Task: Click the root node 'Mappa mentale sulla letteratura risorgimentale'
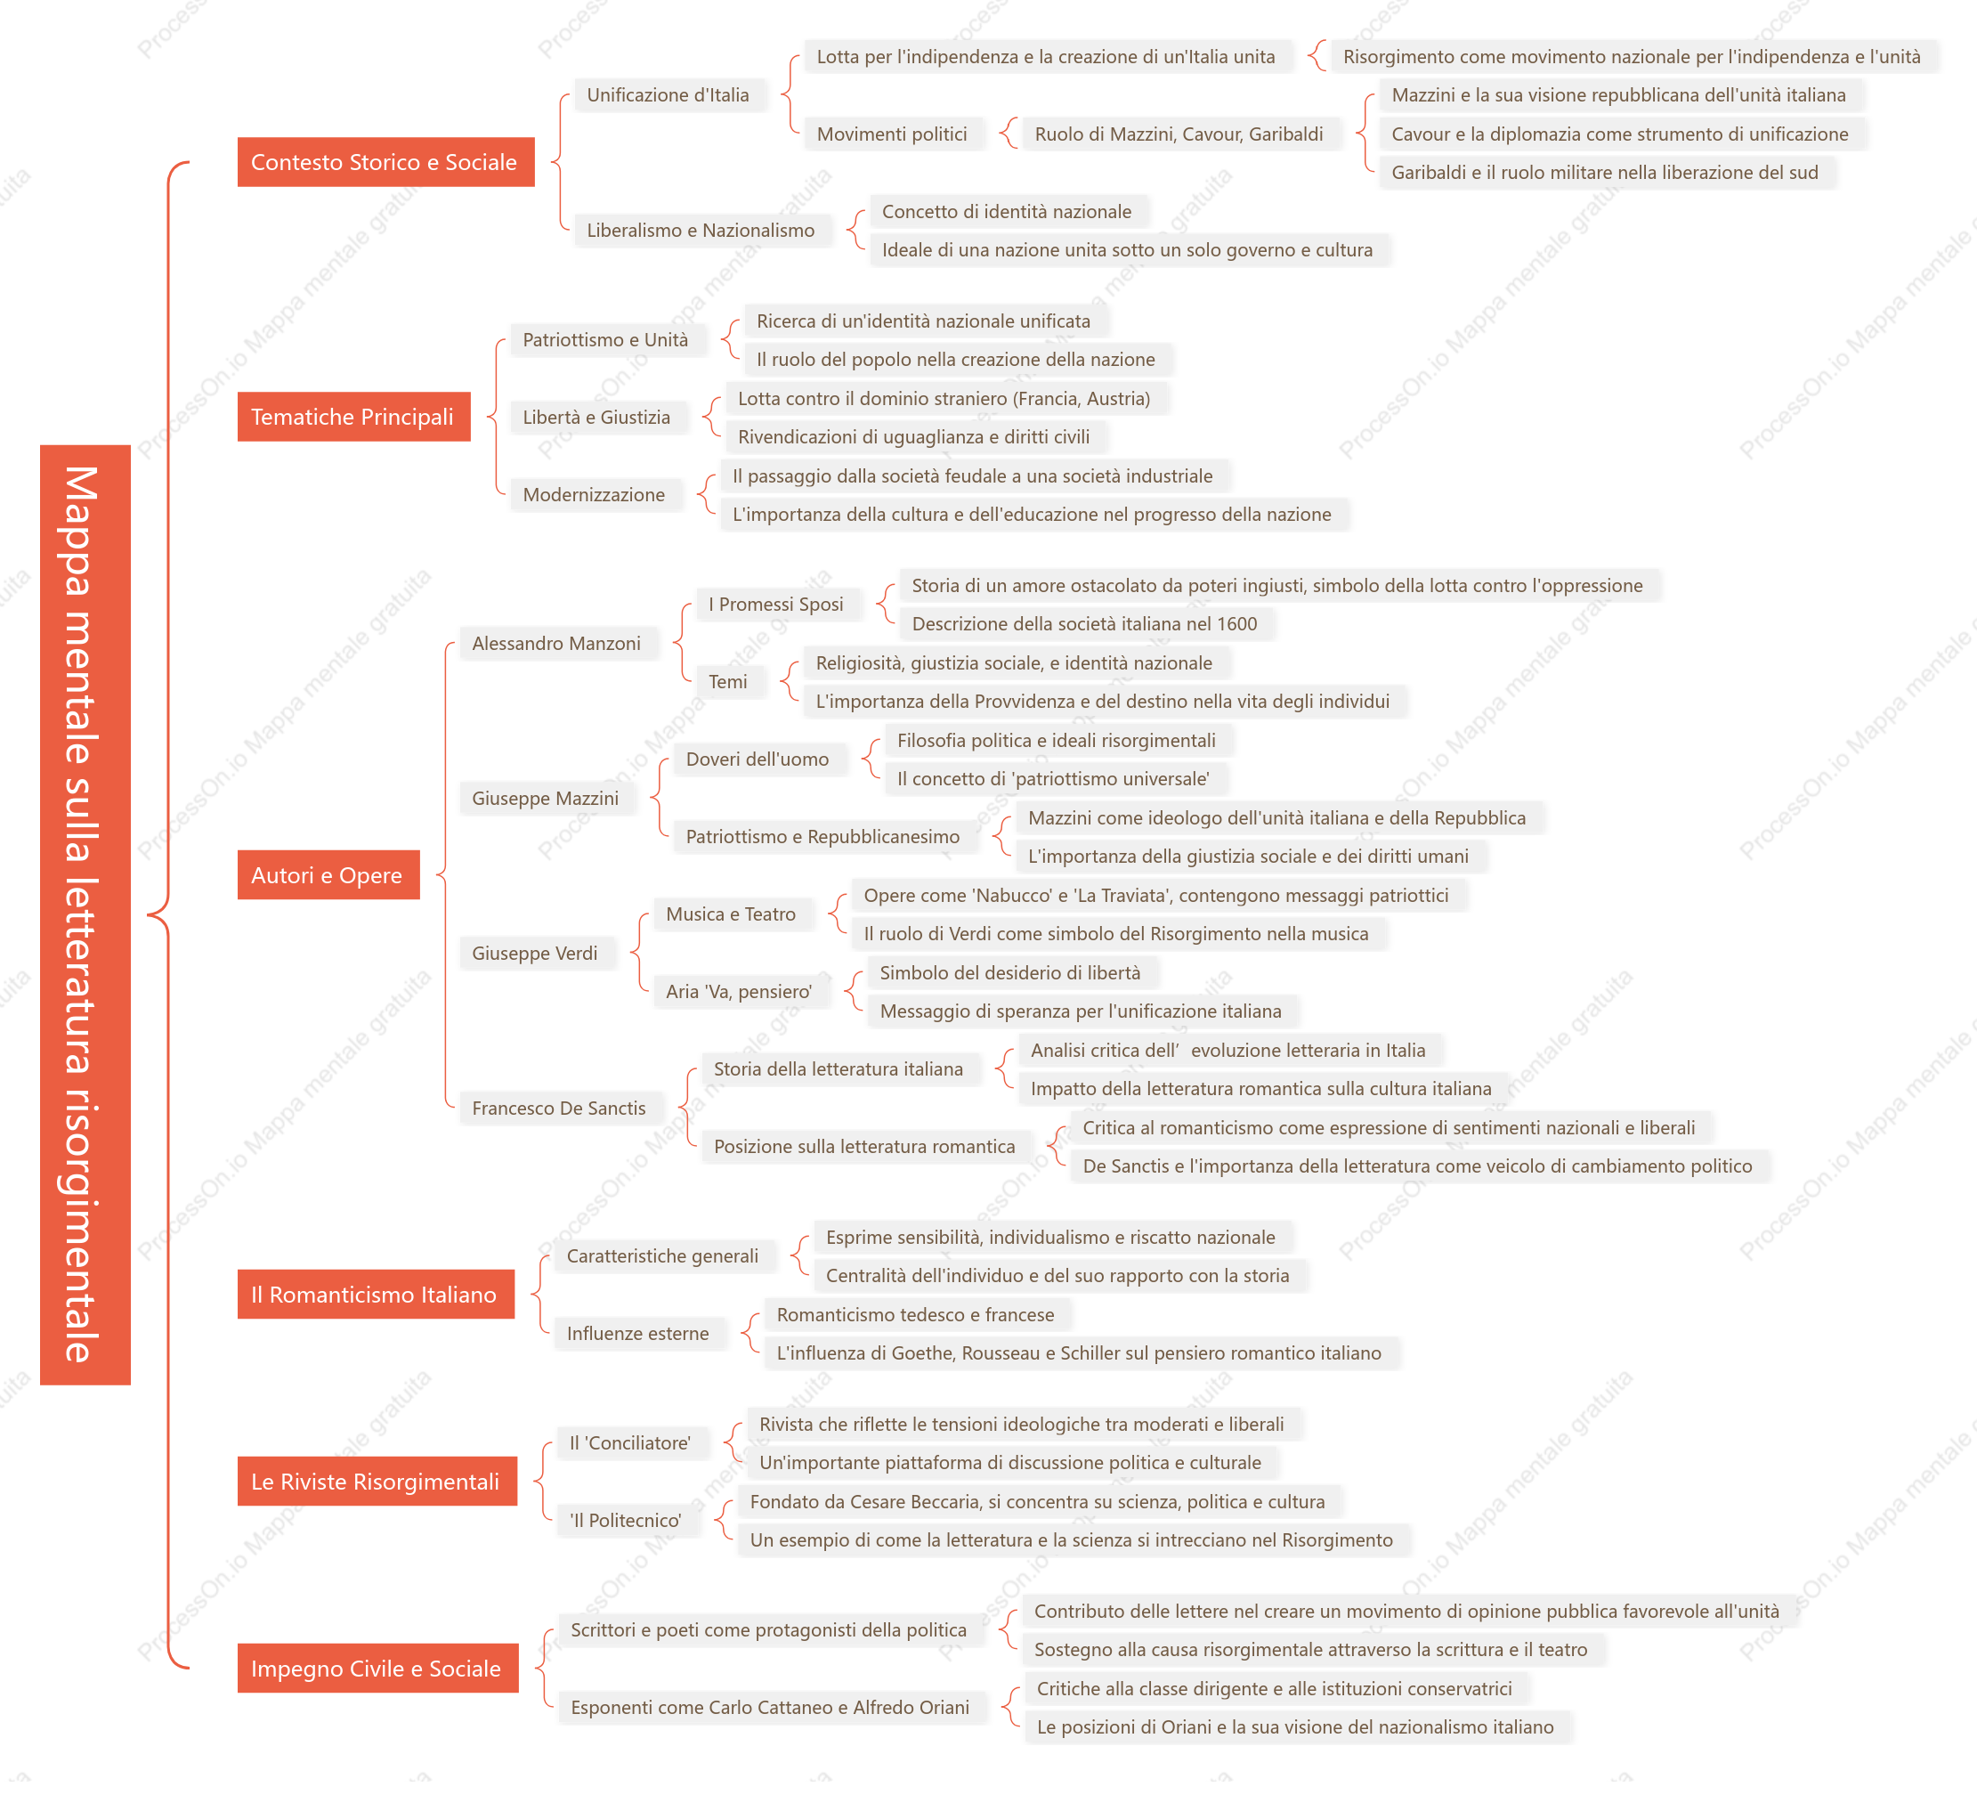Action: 85,914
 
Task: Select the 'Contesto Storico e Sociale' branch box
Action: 385,162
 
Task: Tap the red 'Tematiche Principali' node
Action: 353,417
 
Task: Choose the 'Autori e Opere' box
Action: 328,875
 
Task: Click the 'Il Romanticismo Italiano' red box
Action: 376,1294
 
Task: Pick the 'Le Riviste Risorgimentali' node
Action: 377,1481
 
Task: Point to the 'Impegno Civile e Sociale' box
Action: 377,1668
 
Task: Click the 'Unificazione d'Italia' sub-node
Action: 668,95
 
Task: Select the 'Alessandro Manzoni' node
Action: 557,644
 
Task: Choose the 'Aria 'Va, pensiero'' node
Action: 740,992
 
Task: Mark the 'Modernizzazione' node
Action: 595,494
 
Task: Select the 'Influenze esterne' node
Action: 638,1333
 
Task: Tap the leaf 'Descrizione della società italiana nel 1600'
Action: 1084,624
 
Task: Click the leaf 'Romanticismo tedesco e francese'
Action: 916,1314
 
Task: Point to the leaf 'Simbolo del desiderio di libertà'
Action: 1011,973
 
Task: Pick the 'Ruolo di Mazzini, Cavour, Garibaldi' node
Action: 1179,134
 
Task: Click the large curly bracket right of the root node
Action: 166,914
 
